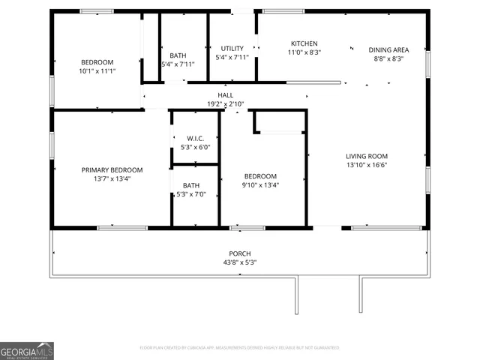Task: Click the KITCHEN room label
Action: point(304,44)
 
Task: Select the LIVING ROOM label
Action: point(367,156)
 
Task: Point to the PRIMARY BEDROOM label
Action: point(112,170)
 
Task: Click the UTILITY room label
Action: point(232,49)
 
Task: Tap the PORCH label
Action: point(240,253)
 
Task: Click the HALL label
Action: point(225,95)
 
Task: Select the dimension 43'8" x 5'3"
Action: point(240,262)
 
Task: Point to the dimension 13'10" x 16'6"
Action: point(367,165)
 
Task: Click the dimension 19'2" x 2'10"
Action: point(225,103)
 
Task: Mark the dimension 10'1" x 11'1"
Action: point(97,70)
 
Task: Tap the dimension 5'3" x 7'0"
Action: point(191,194)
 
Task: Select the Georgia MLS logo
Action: point(27,351)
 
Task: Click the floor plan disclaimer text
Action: point(240,348)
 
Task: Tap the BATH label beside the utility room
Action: point(178,55)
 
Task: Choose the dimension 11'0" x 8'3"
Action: point(304,52)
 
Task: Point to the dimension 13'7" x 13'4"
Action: point(112,179)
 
